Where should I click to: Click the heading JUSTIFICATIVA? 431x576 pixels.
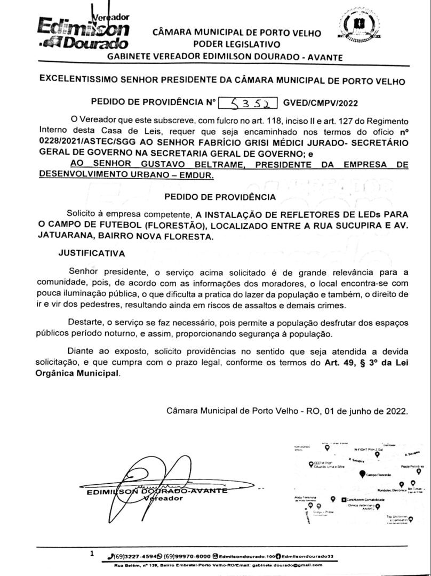[x=92, y=253]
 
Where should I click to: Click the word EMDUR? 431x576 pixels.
[x=199, y=175]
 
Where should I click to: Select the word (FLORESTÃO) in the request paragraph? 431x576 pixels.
[x=174, y=226]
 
